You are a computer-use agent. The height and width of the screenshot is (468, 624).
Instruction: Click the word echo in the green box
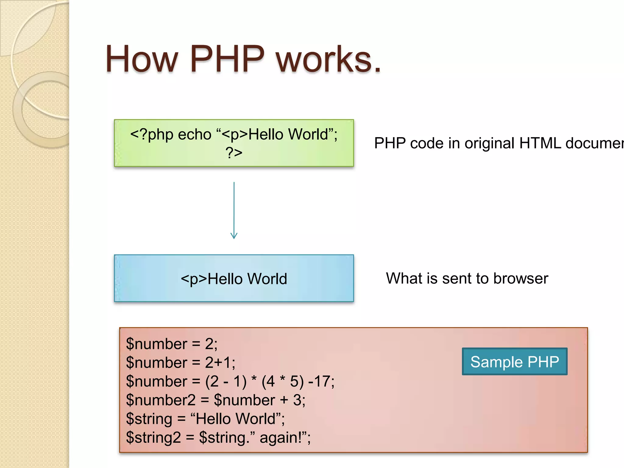194,134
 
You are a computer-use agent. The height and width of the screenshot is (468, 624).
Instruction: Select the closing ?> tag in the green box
234,152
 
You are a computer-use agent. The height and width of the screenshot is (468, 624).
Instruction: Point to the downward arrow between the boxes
234,210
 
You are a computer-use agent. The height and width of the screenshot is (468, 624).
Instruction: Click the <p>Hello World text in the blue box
234,279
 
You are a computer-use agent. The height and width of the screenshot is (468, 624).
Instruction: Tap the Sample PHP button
515,362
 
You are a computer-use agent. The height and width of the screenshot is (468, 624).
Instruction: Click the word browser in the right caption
521,278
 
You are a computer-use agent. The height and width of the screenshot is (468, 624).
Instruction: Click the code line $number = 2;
172,344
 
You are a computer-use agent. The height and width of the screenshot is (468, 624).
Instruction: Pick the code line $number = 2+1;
180,363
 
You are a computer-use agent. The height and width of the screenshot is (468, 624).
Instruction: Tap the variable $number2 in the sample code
161,400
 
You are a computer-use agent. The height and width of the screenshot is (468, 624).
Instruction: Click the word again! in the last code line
280,438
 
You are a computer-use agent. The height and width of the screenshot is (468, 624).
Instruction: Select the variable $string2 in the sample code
153,438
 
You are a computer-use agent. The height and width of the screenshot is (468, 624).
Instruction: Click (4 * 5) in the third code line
283,381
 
